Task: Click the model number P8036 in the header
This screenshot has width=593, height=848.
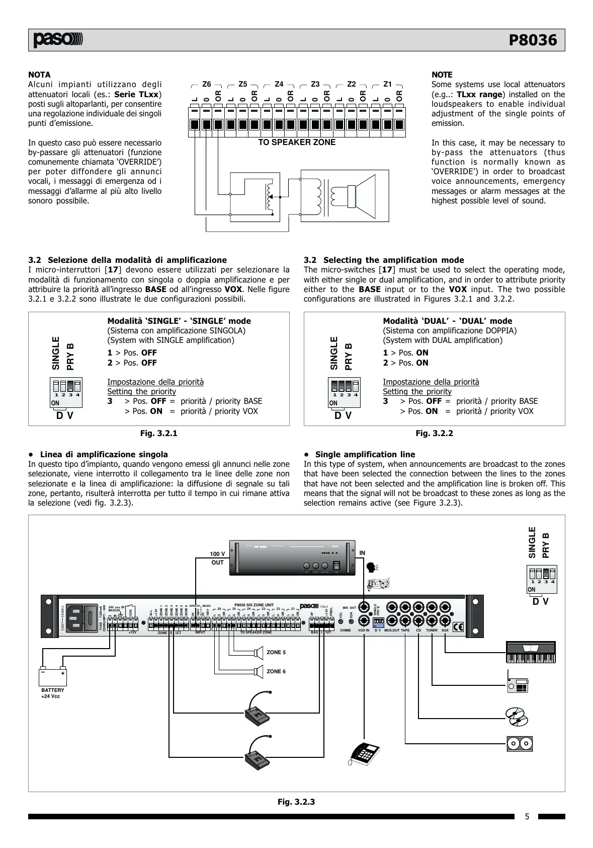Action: [533, 40]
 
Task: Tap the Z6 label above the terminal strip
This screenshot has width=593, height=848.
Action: [206, 84]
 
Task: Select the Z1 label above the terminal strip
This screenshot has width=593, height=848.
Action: [387, 84]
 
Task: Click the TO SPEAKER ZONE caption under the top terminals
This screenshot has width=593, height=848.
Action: [297, 143]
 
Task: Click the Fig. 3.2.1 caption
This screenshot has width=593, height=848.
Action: [158, 433]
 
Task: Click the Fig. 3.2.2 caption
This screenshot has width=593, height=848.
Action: [434, 433]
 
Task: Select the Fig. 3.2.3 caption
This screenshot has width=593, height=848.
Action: [296, 802]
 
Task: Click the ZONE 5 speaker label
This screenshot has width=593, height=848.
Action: [276, 653]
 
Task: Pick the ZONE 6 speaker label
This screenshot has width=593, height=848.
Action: [276, 671]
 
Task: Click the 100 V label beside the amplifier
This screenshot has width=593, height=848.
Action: [217, 554]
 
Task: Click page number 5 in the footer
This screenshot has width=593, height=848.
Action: [527, 817]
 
